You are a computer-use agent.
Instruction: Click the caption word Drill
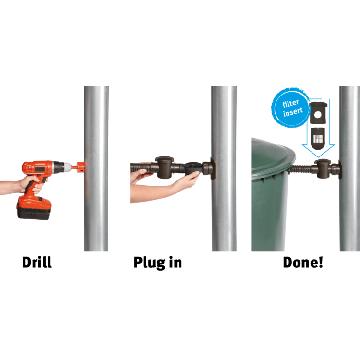(x=37, y=262)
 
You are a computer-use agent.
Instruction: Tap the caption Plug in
(x=158, y=263)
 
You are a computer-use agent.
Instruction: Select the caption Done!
(x=303, y=262)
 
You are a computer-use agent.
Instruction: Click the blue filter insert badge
(x=291, y=107)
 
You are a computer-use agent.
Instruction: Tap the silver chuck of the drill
(x=67, y=167)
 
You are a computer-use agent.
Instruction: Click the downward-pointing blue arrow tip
(x=318, y=157)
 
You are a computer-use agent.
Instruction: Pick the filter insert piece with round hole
(x=318, y=113)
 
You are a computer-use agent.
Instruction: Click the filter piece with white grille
(x=318, y=138)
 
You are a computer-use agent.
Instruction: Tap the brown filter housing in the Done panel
(x=323, y=169)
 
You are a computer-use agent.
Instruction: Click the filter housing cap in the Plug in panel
(x=164, y=159)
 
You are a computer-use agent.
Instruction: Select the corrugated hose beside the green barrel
(x=302, y=169)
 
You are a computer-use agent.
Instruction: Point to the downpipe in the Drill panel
(x=96, y=168)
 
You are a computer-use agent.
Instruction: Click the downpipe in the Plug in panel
(x=224, y=168)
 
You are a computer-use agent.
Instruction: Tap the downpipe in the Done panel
(x=349, y=168)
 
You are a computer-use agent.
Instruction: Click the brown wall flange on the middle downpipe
(x=212, y=168)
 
